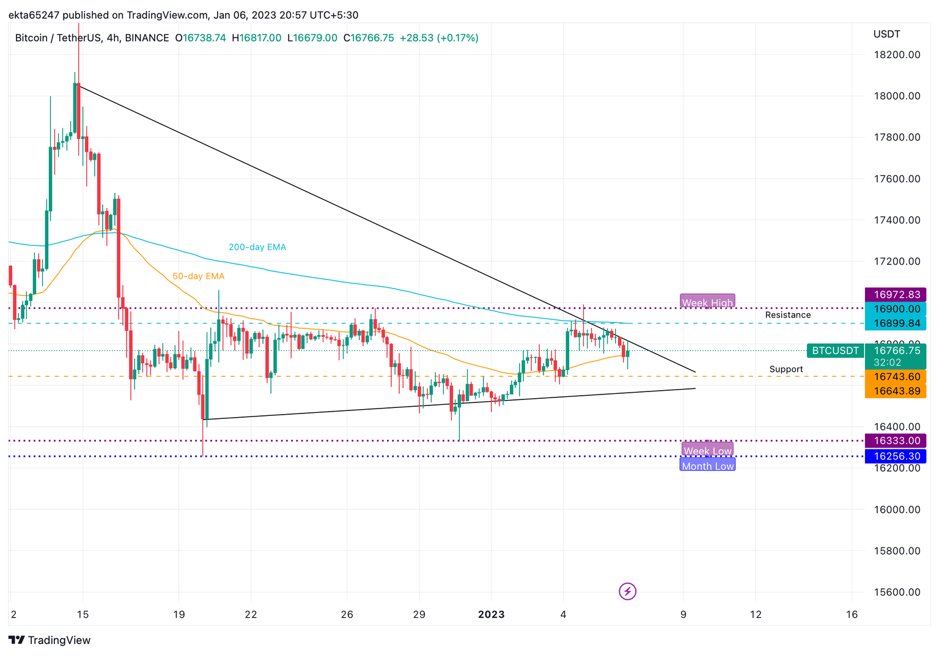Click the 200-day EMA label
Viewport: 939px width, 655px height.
coord(257,247)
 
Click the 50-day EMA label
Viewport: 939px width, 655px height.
coord(198,276)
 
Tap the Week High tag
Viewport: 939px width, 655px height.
coord(707,302)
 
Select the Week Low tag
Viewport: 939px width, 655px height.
coord(707,451)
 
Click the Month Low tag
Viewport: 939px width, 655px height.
coord(707,466)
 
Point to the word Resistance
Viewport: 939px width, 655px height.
coord(787,315)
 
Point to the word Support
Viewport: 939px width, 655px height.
coord(786,369)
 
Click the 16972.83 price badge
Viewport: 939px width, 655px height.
coord(896,295)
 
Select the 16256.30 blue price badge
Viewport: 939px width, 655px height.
coord(896,456)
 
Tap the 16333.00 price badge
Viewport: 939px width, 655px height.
coord(896,440)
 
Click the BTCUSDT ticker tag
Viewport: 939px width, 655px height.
coord(835,350)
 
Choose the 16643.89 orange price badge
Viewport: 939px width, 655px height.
coord(896,391)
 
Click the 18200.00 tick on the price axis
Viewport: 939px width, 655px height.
coord(896,54)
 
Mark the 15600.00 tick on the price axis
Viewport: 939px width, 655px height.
coord(896,592)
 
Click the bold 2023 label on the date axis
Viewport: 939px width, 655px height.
coord(491,614)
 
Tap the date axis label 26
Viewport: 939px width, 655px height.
coord(347,614)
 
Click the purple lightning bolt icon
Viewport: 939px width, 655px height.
coord(627,591)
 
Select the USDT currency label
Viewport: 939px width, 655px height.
coord(886,34)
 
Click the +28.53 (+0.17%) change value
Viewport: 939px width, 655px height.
coord(438,38)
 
